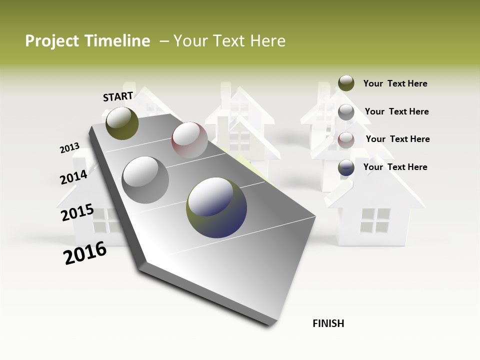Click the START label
coord(118,96)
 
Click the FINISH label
coord(328,323)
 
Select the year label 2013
coord(69,148)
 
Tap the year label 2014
coord(73,177)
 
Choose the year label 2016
coord(85,253)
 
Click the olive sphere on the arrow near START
coord(122,123)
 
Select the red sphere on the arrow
coord(189,140)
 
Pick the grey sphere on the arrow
coord(145,179)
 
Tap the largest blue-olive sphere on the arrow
coord(216,207)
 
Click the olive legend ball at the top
coord(346,83)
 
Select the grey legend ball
coord(346,112)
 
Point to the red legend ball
coord(346,140)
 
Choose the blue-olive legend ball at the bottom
coord(346,167)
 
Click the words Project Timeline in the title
coord(87,41)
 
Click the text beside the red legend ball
coord(397,139)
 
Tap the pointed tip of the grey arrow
coord(272,325)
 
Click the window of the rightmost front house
coord(375,220)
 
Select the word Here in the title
coord(267,41)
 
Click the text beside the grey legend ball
coord(396,111)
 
